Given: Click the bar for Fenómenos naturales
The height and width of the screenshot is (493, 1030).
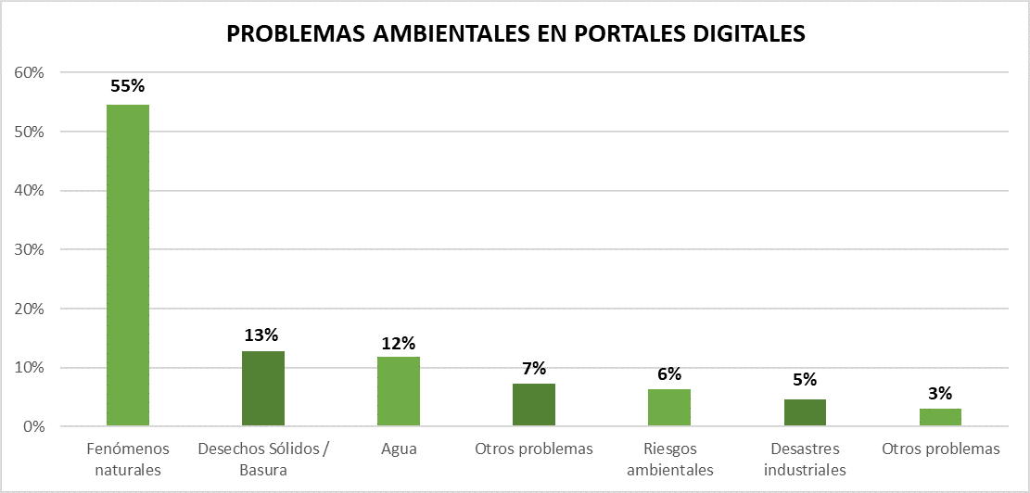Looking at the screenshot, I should point(128,266).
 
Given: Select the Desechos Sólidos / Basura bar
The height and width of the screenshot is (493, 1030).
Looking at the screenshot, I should point(263,389).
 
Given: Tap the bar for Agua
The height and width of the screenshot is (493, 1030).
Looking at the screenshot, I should point(399,392).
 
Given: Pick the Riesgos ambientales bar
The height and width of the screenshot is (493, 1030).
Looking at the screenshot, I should point(669,408).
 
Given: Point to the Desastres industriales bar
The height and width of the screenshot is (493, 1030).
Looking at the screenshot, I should point(805,412).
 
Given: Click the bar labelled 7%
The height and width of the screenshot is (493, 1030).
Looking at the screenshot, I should point(534,405).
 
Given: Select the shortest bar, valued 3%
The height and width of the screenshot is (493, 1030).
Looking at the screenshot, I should point(940,417).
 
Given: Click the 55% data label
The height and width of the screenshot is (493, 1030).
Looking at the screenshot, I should point(128,86).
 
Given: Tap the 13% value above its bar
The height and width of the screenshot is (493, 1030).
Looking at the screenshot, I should point(263,334).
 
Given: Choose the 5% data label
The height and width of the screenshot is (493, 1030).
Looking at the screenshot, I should point(805,379).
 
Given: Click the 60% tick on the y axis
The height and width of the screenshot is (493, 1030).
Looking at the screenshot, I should point(28,72).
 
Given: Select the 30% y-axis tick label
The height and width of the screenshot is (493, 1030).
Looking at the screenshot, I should point(28,249).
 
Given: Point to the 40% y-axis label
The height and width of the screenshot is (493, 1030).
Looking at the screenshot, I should point(28,190).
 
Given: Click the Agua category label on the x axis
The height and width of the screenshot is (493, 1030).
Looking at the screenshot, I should point(399,449).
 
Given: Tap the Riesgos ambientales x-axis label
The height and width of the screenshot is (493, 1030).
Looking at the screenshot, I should point(669,460).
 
